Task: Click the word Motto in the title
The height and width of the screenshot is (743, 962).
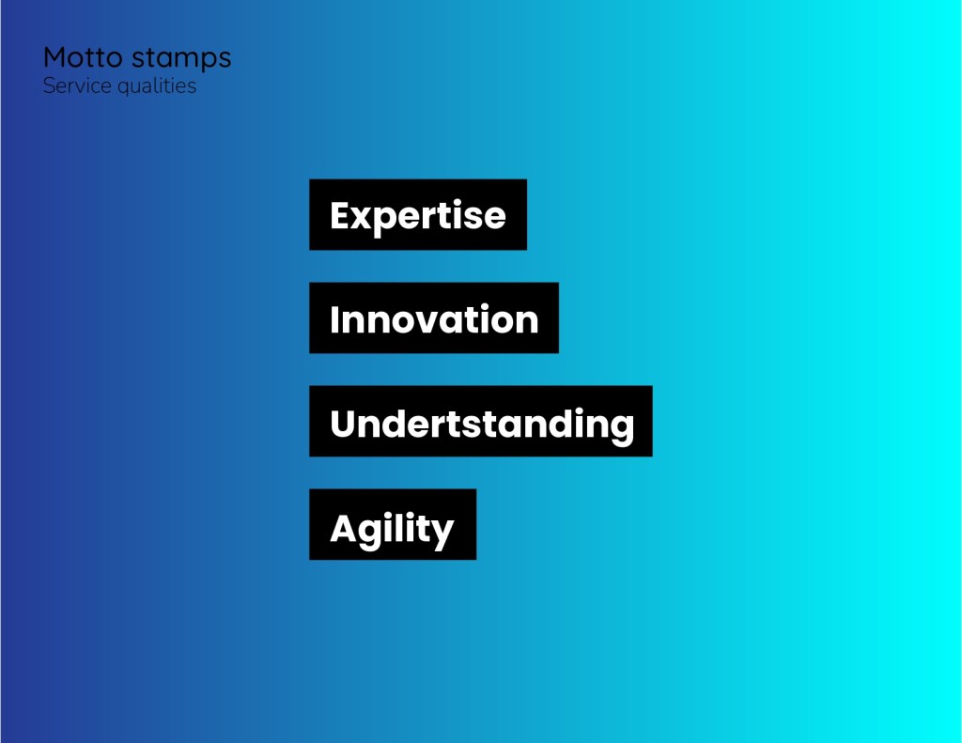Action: point(83,57)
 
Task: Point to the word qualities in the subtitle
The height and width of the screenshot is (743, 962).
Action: point(157,86)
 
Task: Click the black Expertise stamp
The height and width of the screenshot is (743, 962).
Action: point(418,215)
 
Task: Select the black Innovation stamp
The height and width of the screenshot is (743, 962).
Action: point(434,317)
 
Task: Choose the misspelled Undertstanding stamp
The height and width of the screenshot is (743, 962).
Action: point(481,421)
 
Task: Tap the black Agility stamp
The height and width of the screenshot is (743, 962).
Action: point(393,524)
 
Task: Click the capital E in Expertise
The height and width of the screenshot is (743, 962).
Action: point(341,215)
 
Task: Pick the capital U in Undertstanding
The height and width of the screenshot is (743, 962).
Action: point(343,424)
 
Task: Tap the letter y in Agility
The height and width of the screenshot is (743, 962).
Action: point(442,534)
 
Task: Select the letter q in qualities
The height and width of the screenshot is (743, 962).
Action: point(124,89)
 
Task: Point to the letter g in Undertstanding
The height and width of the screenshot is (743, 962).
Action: point(622,429)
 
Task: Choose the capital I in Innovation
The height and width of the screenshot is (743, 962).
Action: point(334,319)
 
